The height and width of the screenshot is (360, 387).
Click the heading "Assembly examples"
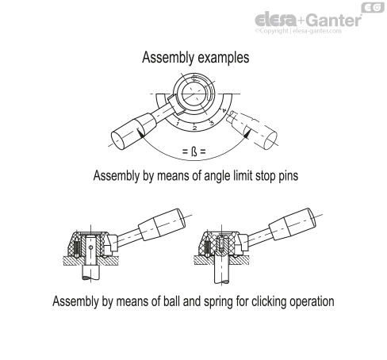(196, 57)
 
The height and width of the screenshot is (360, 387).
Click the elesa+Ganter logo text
(308, 20)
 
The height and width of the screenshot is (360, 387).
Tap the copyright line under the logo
(298, 31)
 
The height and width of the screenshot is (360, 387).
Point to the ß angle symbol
(194, 151)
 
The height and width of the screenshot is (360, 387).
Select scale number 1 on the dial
(178, 124)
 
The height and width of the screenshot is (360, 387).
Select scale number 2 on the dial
(194, 128)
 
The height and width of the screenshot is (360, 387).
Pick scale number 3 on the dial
(212, 123)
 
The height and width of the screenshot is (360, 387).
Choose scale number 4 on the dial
(224, 110)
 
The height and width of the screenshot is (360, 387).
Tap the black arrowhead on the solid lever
(141, 133)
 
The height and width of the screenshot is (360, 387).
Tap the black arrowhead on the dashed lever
(247, 134)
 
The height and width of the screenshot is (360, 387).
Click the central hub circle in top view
(193, 94)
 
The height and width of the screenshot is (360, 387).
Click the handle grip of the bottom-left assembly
(162, 224)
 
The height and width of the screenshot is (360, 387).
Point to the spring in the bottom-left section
(77, 247)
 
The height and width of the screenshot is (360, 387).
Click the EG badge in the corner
(373, 7)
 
